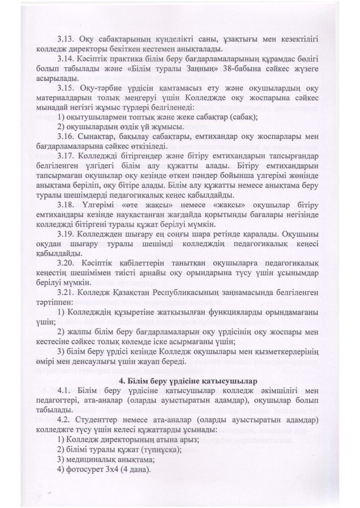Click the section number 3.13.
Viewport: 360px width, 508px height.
66,38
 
